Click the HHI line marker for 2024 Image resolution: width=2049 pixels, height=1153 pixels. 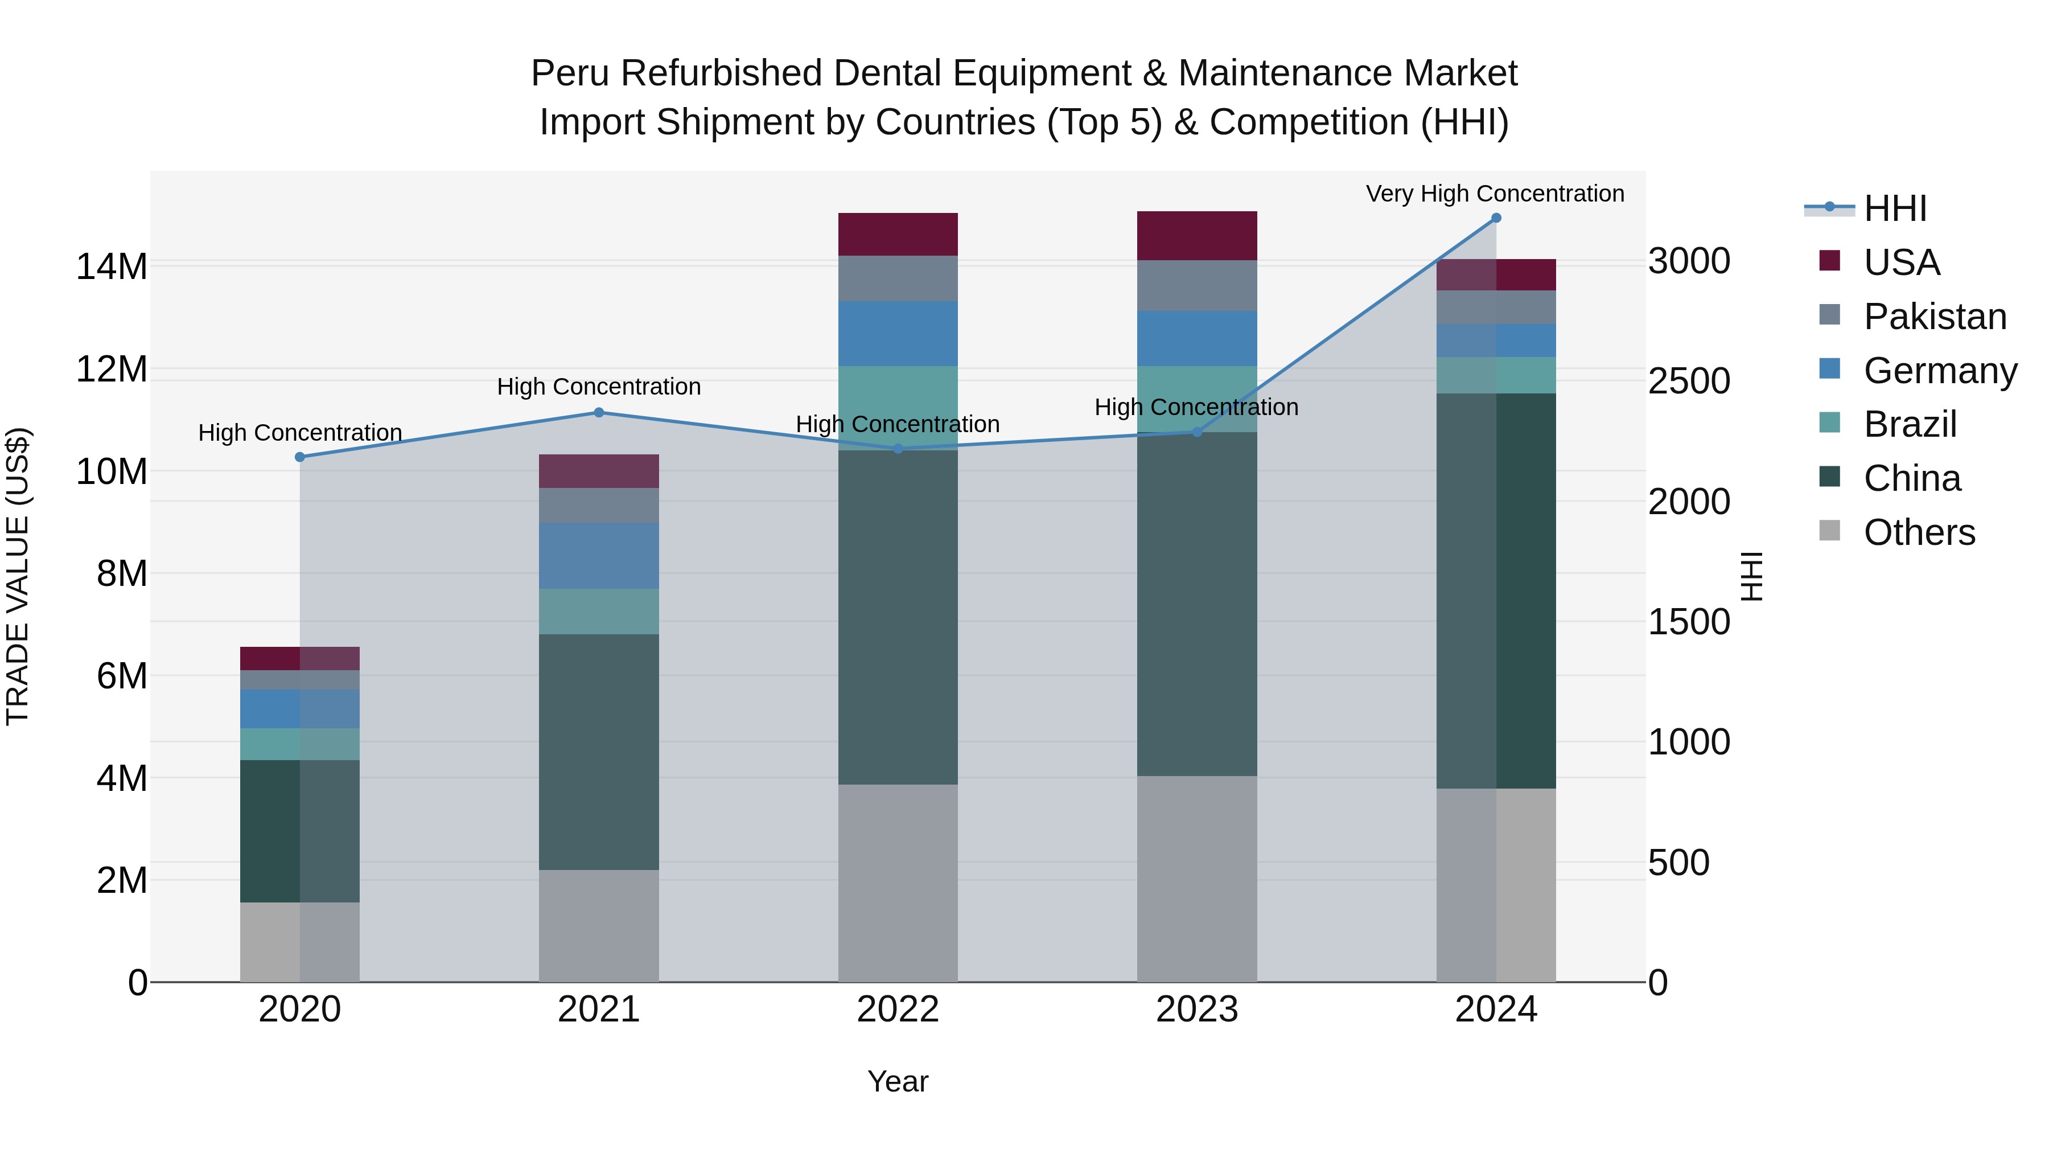[1495, 218]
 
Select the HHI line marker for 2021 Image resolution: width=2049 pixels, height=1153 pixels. [599, 412]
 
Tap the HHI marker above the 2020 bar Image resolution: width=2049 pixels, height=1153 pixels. [300, 457]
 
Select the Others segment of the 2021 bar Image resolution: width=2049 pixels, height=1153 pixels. [599, 925]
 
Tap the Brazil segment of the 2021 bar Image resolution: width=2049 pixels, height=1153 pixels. [599, 611]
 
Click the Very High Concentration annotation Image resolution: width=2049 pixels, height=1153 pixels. [1495, 194]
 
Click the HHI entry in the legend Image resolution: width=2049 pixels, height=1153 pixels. [1895, 208]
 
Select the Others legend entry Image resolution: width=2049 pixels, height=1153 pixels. [1919, 532]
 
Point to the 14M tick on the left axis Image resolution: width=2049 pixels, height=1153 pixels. [112, 266]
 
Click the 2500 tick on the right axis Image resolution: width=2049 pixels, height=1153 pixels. [1689, 381]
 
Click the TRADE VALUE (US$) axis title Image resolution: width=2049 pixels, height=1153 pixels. [18, 576]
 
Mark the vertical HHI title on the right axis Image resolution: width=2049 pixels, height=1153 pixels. [1751, 576]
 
